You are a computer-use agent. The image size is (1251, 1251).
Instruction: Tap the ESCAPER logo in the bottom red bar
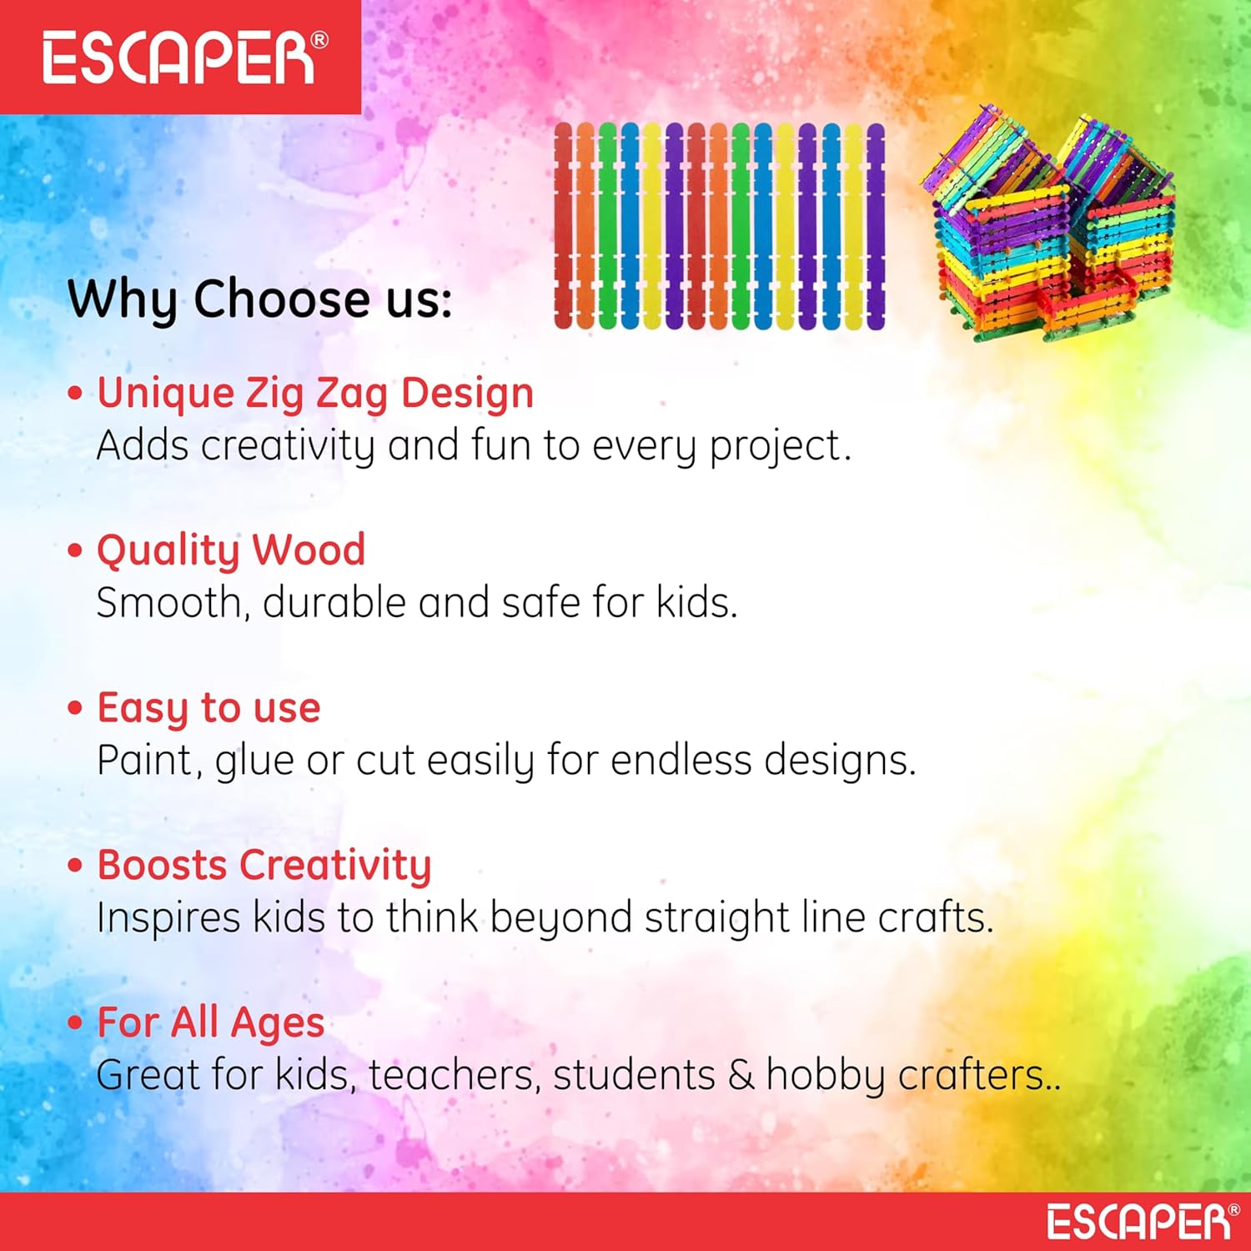point(1143,1221)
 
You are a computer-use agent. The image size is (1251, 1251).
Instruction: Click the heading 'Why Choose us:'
point(259,299)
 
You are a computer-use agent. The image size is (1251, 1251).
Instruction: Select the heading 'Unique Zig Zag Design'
point(315,394)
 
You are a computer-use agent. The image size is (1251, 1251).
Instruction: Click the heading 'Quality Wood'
point(231,550)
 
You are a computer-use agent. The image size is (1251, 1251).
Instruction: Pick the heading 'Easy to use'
point(208,708)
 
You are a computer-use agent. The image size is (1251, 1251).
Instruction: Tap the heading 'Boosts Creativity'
point(264,865)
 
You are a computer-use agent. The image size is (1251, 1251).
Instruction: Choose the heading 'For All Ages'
point(210,1022)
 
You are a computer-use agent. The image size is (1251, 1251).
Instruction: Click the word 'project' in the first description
point(774,447)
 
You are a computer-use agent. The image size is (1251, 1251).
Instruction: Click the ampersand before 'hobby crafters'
point(741,1075)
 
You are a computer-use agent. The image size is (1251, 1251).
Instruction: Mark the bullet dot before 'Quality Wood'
point(76,550)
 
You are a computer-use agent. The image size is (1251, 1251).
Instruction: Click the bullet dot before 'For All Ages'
point(76,1022)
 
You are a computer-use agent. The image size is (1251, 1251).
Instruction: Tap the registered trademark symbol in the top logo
point(319,40)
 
